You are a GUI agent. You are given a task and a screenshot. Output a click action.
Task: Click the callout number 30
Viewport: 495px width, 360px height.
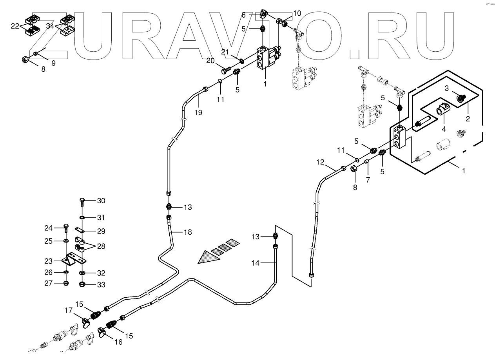101,201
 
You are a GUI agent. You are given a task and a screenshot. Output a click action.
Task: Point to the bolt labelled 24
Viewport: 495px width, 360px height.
66,229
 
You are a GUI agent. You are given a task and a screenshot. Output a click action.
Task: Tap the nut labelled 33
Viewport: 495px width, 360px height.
82,284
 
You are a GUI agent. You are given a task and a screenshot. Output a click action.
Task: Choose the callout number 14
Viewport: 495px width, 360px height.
255,263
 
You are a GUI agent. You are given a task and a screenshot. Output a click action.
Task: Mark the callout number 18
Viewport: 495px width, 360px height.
188,232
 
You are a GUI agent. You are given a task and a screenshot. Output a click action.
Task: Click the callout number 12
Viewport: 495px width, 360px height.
321,162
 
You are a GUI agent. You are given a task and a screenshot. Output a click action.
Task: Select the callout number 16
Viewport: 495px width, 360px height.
118,342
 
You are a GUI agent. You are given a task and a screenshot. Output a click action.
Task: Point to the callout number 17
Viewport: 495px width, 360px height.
69,311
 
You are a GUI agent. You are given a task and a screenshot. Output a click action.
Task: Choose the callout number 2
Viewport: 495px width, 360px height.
468,118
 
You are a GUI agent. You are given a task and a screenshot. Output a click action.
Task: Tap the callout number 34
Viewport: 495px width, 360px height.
50,26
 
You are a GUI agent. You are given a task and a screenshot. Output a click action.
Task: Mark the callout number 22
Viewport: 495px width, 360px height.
15,26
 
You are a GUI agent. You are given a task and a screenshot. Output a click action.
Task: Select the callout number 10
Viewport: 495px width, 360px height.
297,13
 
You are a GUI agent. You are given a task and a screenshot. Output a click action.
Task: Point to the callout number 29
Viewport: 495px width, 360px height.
101,232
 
